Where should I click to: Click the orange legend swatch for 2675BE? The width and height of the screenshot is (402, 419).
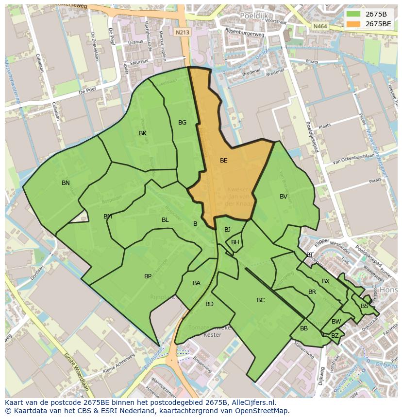353,23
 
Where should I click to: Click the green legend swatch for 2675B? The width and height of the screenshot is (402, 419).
353,14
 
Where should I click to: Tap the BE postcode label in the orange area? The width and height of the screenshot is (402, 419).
223,160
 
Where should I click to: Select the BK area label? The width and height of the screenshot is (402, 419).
143,133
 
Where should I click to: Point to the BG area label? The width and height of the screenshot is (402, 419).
182,123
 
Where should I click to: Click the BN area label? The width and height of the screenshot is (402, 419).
66,183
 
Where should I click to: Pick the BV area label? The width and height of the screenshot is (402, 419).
284,197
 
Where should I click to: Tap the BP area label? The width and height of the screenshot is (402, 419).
148,276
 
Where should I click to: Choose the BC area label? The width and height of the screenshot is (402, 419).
261,300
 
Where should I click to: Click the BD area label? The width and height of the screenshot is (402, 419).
209,304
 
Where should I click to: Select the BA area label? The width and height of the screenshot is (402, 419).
197,283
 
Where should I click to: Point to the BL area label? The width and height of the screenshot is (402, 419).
165,220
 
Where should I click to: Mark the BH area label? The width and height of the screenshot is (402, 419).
235,242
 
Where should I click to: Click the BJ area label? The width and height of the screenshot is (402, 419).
227,230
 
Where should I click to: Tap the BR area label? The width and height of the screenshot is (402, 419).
312,292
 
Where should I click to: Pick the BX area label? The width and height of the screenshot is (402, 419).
326,281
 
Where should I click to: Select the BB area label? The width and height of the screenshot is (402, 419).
304,328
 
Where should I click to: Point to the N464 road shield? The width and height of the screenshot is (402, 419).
320,26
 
